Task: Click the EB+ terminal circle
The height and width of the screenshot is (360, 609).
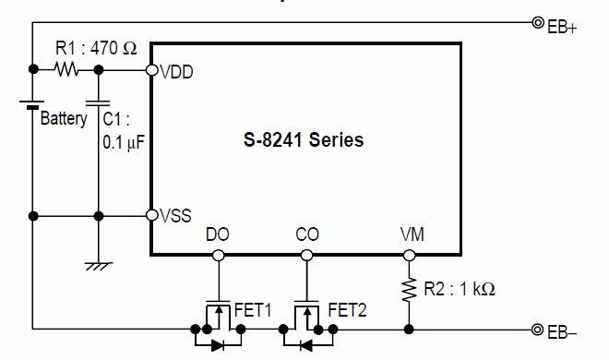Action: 538,23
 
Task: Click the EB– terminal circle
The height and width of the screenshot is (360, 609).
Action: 538,330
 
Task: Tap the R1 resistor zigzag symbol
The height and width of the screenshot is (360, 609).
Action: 66,69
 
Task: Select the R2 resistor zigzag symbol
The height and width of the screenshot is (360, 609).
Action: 409,289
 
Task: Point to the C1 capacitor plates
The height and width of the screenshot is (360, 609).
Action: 98,102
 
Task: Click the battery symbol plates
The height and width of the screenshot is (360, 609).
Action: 32,104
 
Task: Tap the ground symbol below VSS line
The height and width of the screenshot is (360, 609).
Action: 99,266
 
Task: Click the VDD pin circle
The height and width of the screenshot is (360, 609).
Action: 152,70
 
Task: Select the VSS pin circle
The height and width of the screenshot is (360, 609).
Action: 152,215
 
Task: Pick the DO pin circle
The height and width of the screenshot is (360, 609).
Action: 219,255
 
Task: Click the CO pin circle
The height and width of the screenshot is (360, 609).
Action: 307,255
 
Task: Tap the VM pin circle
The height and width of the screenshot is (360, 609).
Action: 410,255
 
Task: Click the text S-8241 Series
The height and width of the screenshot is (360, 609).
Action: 304,139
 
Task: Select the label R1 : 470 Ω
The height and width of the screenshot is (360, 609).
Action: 96,48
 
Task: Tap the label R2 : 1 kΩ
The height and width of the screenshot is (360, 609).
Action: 460,289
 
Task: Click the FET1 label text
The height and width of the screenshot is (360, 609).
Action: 253,310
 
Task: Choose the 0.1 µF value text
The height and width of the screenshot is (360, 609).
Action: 124,142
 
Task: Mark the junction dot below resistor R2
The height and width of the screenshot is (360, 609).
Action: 409,330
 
